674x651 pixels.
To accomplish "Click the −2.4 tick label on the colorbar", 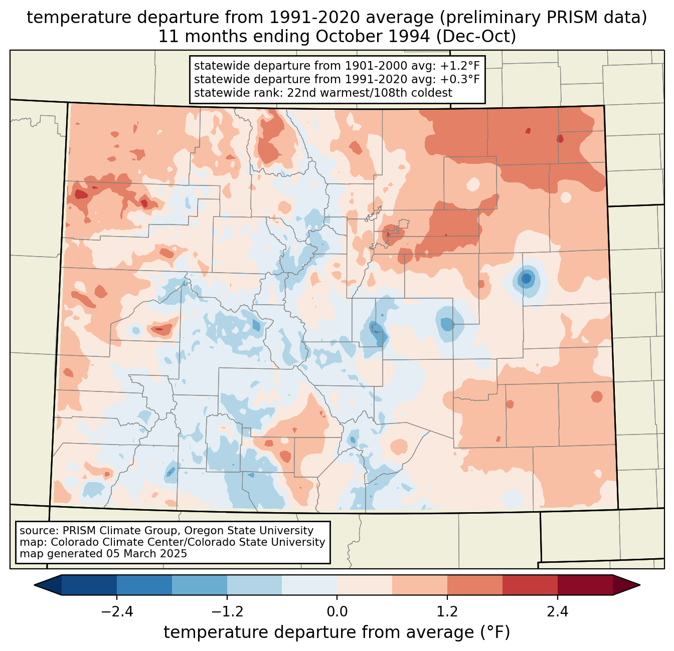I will tap(116, 612).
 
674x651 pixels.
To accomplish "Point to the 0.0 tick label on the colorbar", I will tap(337, 612).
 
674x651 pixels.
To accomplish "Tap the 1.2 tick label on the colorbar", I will tap(447, 612).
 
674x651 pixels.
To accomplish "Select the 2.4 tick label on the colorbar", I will tap(558, 612).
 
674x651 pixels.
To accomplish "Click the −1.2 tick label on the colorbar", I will tap(227, 612).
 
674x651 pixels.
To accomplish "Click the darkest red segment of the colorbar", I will tap(585, 585).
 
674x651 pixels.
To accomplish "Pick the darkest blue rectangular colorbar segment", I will tap(89, 585).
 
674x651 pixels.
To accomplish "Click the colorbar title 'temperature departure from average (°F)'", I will tap(337, 632).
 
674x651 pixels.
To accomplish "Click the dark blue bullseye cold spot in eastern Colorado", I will tap(526, 278).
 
